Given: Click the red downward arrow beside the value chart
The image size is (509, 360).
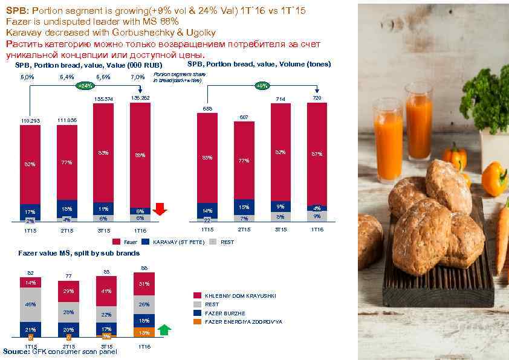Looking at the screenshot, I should tap(160, 209).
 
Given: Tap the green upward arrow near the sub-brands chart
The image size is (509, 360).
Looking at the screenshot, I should tap(165, 330).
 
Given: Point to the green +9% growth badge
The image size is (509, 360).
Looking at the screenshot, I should tap(262, 86).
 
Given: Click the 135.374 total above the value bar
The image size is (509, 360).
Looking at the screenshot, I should tap(103, 98).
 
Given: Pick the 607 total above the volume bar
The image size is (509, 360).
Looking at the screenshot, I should tap(244, 117).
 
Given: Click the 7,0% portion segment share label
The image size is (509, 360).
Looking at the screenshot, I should tap(137, 77).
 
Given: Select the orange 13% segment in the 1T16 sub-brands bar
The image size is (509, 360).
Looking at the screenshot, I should tap(144, 332).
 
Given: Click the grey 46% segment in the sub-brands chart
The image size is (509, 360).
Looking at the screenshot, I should tap(30, 304).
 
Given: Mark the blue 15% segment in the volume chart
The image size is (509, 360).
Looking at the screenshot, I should tap(244, 207).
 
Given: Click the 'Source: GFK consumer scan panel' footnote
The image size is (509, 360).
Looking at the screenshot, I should tap(60, 352).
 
